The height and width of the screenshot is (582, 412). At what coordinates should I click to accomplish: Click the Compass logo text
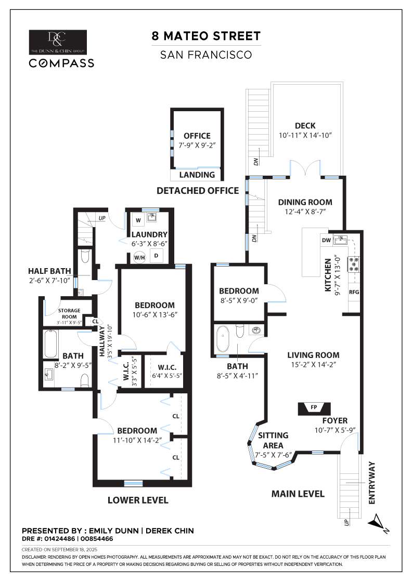pyautogui.click(x=61, y=63)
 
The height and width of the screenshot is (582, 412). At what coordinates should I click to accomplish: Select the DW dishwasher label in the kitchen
pyautogui.click(x=327, y=240)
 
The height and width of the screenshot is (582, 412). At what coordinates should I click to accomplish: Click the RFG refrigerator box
pyautogui.click(x=354, y=292)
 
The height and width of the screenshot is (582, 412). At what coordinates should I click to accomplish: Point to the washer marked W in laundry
pyautogui.click(x=138, y=220)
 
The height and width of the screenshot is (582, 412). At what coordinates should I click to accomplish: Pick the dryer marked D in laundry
pyautogui.click(x=156, y=256)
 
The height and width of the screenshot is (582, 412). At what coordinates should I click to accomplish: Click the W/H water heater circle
pyautogui.click(x=139, y=257)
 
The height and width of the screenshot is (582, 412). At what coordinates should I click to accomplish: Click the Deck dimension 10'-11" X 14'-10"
pyautogui.click(x=305, y=135)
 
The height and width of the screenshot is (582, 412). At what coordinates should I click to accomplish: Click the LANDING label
pyautogui.click(x=197, y=175)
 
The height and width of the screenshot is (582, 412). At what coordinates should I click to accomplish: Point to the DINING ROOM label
pyautogui.click(x=305, y=202)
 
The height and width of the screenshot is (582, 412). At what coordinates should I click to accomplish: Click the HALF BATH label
pyautogui.click(x=49, y=271)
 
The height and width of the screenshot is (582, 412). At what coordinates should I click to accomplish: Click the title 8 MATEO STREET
pyautogui.click(x=205, y=36)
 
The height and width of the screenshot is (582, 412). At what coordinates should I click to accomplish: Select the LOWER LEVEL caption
pyautogui.click(x=138, y=500)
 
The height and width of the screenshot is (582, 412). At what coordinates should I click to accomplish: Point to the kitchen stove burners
pyautogui.click(x=354, y=264)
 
